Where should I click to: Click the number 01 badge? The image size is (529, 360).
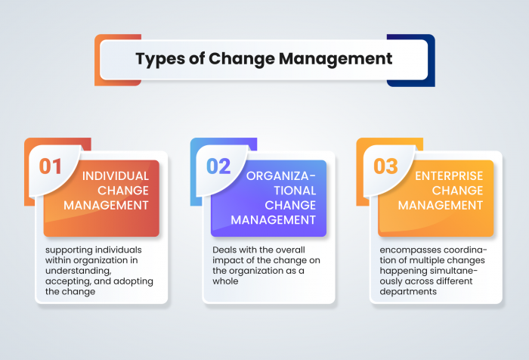(50, 166)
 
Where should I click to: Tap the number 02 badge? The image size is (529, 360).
(218, 166)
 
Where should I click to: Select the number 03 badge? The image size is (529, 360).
(385, 166)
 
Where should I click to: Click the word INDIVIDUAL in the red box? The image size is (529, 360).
(115, 175)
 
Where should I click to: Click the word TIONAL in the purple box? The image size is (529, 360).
(285, 191)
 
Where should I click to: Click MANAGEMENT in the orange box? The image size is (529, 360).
(441, 205)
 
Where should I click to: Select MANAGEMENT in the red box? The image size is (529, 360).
(106, 205)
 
